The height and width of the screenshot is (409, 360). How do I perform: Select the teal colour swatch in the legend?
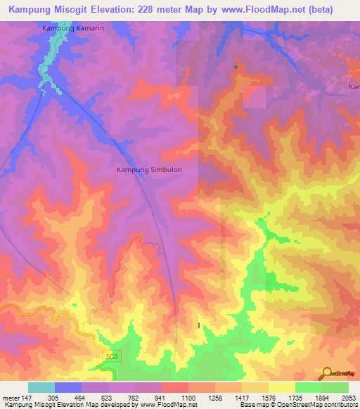pyautogui.click(x=41, y=387)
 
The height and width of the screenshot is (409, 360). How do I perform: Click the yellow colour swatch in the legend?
pyautogui.click(x=281, y=387)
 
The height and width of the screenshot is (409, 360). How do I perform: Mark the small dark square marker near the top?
pyautogui.click(x=236, y=67)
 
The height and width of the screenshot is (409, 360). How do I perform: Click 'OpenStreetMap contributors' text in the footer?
pyautogui.click(x=316, y=405)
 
